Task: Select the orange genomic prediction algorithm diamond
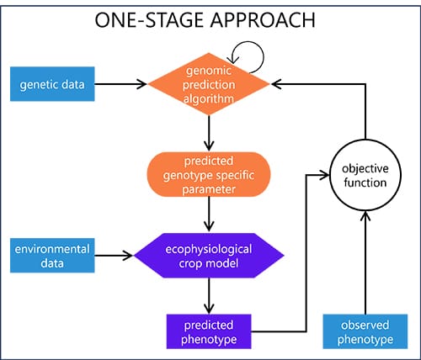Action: (209, 83)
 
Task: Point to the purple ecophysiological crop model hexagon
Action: (209, 254)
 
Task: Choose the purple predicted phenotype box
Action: (209, 330)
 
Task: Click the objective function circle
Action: (365, 176)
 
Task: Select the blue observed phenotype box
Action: (364, 330)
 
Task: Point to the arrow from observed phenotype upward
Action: (365, 261)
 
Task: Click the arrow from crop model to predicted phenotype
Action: (209, 294)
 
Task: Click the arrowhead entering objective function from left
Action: (325, 175)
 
